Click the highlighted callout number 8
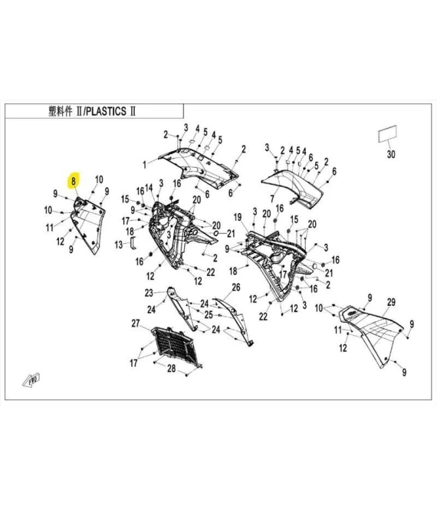coord(74,182)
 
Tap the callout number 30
coord(390,155)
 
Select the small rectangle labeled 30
coord(388,133)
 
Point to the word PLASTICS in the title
coord(106,110)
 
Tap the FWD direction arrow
coord(33,380)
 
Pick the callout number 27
coord(135,324)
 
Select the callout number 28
coord(172,370)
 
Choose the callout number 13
coord(119,245)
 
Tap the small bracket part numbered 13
coord(132,242)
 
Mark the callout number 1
coord(143,164)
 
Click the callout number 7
coord(271,199)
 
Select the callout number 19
coord(238,216)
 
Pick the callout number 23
coord(149,292)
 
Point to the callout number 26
coord(236,287)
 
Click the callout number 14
coord(148,189)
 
